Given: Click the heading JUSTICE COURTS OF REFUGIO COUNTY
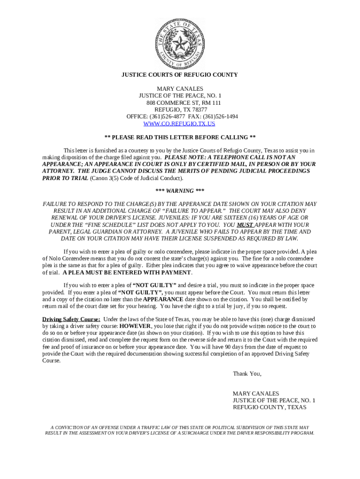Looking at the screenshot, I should tap(180, 75).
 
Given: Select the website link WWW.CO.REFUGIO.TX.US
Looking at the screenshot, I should tap(180, 124).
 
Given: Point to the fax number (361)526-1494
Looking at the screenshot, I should tap(221, 116).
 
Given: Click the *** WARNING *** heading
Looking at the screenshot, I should tap(180, 191).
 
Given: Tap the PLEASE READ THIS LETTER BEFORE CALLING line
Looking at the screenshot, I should tap(180, 138).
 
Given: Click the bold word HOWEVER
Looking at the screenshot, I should tap(135, 326).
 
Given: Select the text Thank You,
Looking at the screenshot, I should tap(247, 374).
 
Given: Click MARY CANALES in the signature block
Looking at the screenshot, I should tap(255, 394).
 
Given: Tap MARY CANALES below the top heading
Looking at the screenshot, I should tap(180, 89).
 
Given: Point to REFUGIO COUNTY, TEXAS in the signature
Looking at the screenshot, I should tap(269, 407).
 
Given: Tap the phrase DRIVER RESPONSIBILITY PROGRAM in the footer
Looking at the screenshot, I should tap(279, 433).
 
